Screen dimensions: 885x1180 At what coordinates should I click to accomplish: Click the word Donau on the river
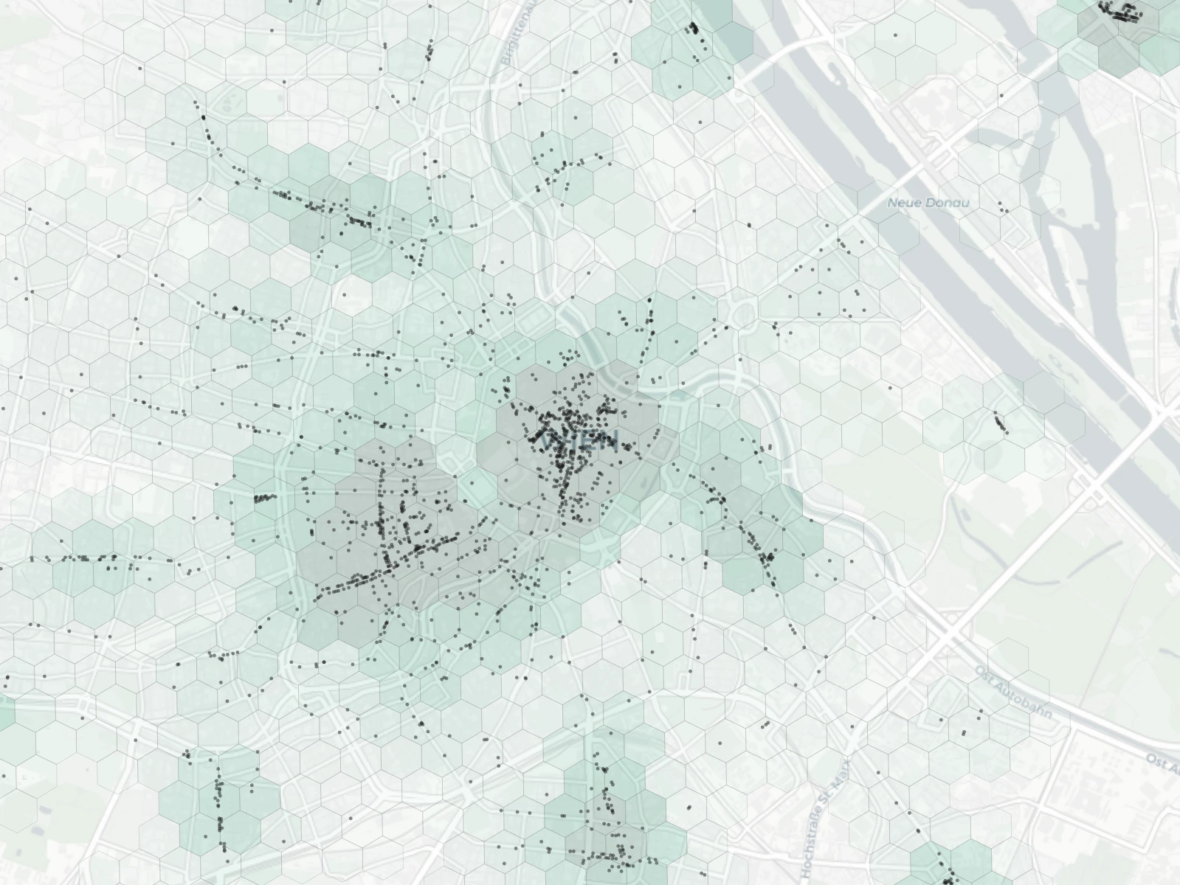pos(950,203)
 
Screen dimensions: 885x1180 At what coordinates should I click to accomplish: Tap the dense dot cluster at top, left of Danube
pos(692,29)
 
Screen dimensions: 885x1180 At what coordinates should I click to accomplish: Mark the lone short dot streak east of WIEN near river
pos(1000,423)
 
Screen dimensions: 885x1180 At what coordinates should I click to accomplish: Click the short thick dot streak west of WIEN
pos(263,499)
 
